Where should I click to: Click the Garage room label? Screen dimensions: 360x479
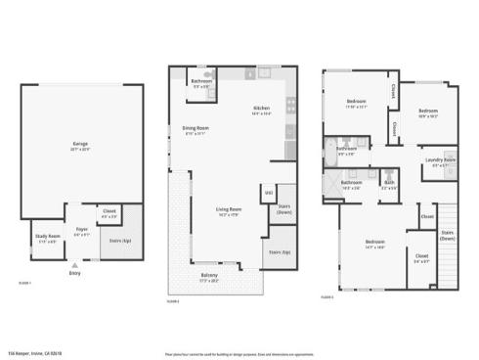[x=80, y=144]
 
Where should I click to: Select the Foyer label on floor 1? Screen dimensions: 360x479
[x=82, y=231]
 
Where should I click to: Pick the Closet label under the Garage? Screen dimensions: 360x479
[x=108, y=210]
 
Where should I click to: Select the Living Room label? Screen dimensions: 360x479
[x=230, y=209]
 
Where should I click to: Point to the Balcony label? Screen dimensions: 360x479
[x=209, y=276]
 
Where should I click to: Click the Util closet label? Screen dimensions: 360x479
[x=268, y=193]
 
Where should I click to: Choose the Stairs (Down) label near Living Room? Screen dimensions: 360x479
[x=284, y=207]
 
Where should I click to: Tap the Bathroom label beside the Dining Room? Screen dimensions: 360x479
[x=201, y=81]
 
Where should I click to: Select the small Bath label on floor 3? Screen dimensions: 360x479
[x=388, y=182]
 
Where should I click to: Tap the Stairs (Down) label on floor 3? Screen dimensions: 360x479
[x=448, y=235]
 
